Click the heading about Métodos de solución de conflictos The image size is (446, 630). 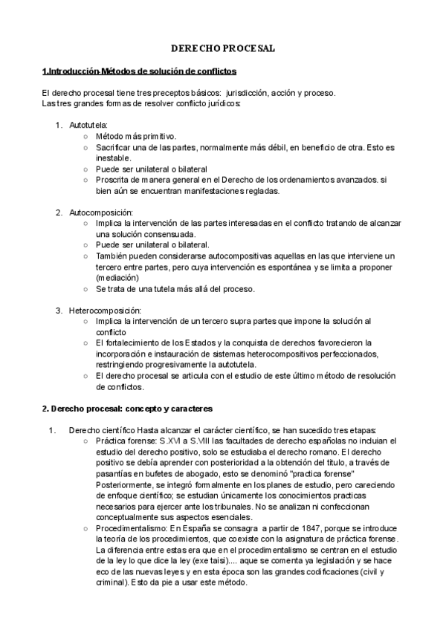pos(140,71)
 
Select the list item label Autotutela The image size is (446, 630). pos(88,124)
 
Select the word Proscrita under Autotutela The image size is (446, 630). pos(113,180)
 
